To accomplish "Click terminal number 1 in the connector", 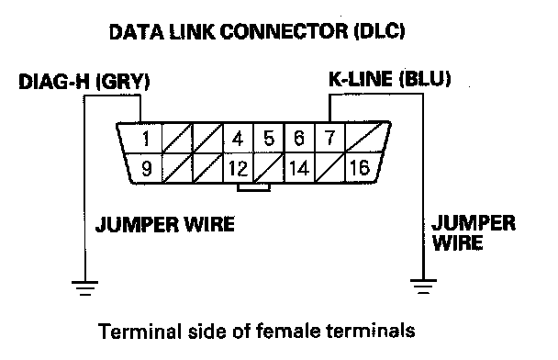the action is pos(145,139).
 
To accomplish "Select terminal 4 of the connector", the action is pos(238,139).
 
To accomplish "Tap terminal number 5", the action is pos(269,138).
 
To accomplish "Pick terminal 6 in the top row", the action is pos(299,138).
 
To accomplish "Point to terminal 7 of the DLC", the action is pos(329,138).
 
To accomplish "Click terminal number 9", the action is pos(147,168).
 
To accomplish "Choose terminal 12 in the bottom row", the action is pos(238,168).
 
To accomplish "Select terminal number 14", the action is pos(299,168).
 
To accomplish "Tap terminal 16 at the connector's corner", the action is pos(360,167).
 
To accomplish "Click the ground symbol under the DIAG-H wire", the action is pos(84,288).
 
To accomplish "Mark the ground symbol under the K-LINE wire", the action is pos(423,287).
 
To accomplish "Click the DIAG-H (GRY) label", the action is pos(84,82).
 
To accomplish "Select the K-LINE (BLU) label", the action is pos(390,79).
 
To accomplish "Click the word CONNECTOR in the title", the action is pos(284,31).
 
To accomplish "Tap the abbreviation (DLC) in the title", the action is pos(380,31).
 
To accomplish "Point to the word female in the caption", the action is pos(288,331).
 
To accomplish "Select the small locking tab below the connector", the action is pos(253,187).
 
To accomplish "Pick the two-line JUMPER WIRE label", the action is pos(474,233).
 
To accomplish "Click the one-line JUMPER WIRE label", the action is pos(165,224).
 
